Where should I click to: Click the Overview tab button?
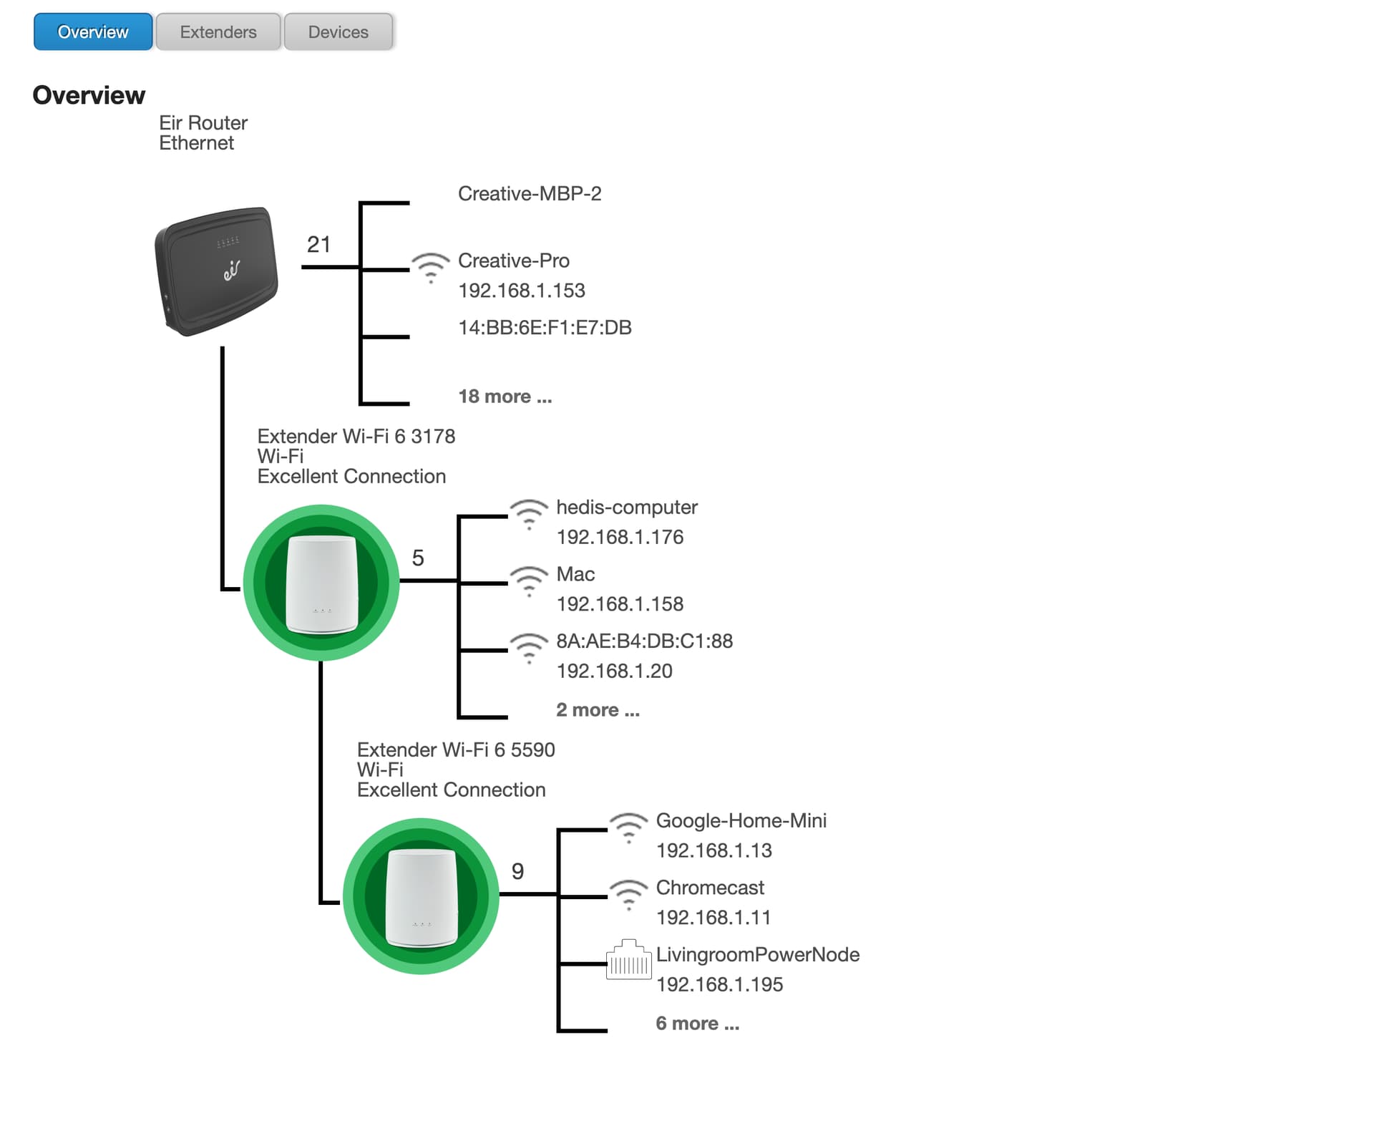(x=93, y=31)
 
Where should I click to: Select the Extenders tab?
(x=218, y=31)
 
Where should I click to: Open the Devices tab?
(x=338, y=31)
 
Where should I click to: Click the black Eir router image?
(x=216, y=271)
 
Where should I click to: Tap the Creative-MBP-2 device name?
(x=530, y=193)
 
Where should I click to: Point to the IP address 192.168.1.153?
(x=522, y=291)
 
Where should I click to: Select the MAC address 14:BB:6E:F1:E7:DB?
(x=545, y=328)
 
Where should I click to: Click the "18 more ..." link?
(x=505, y=397)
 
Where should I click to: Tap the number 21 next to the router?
(x=318, y=245)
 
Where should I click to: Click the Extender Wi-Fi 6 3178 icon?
(x=321, y=583)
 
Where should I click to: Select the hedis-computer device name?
(x=627, y=507)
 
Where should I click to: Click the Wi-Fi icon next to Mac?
(x=529, y=581)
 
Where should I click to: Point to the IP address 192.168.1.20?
(x=615, y=671)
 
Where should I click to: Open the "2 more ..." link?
(x=598, y=710)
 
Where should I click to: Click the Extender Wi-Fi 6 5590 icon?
(x=421, y=896)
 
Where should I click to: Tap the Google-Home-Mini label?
(x=741, y=820)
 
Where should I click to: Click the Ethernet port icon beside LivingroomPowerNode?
(x=629, y=959)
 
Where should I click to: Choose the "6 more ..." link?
(x=698, y=1024)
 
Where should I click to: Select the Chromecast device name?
(x=710, y=888)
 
